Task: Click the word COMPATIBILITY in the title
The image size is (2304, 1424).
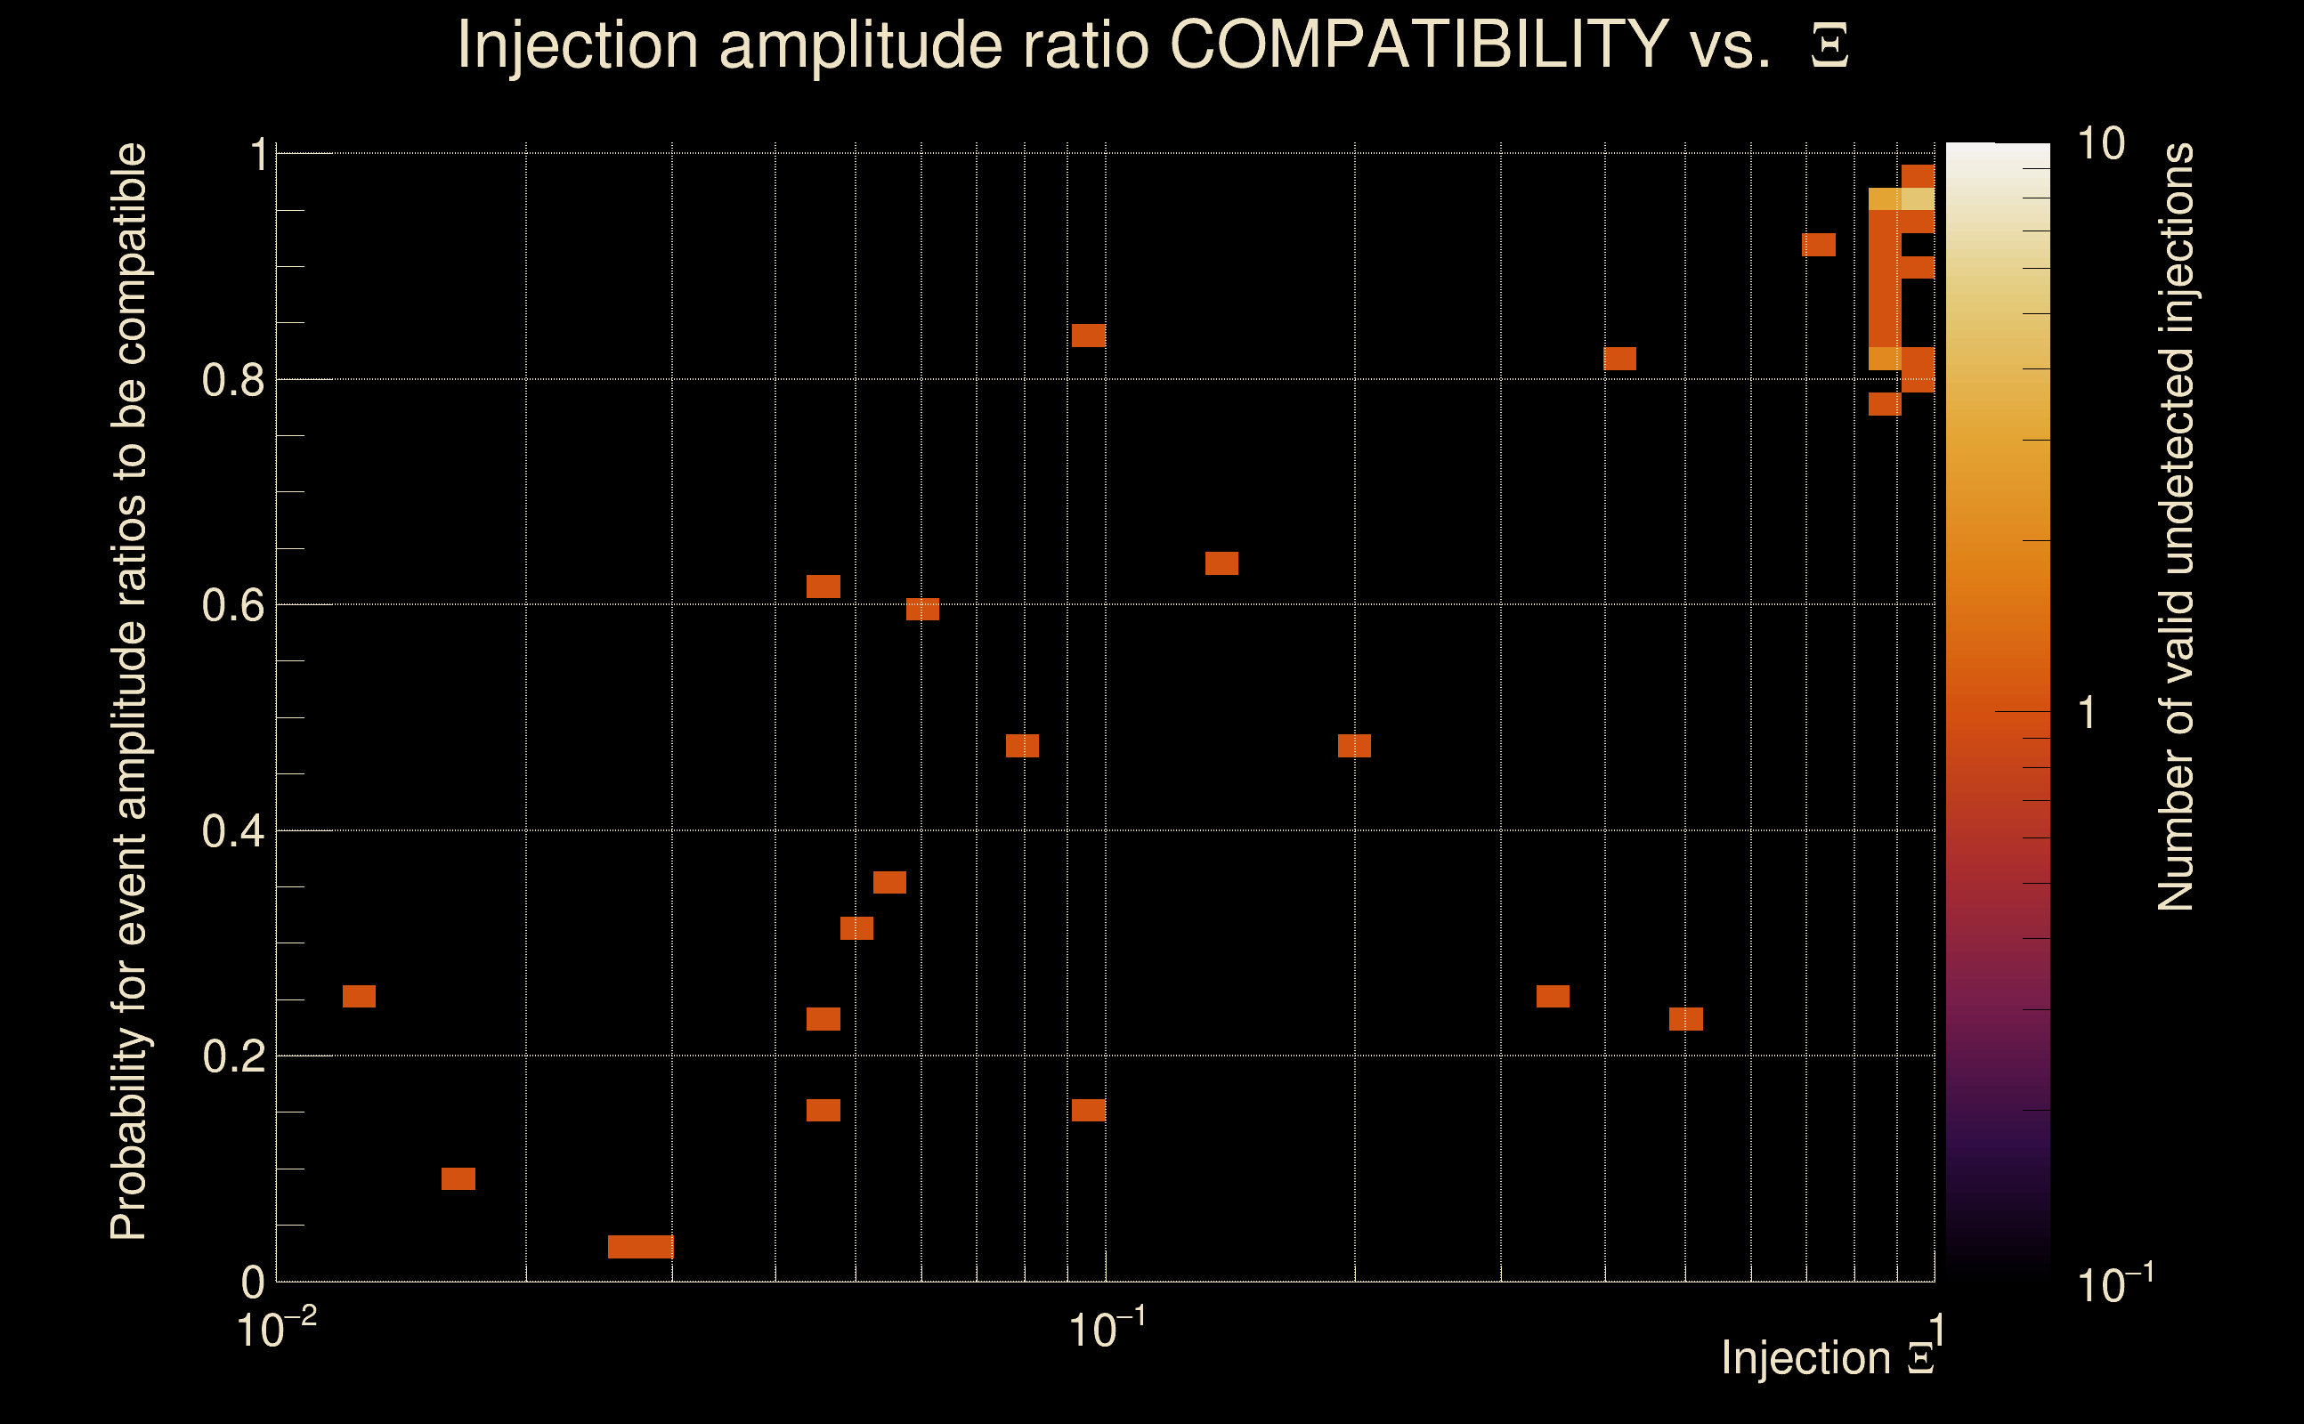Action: (1418, 44)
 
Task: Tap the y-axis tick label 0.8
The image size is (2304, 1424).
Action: (232, 381)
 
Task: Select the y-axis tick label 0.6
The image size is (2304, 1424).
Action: (232, 605)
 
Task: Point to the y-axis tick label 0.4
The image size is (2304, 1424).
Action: (232, 831)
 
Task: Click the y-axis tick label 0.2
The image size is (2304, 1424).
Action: (232, 1056)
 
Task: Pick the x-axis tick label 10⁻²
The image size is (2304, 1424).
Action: (276, 1330)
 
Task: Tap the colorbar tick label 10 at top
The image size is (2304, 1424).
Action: (2100, 145)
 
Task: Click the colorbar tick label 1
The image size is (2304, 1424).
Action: (2088, 713)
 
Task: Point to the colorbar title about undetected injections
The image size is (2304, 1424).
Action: (2175, 528)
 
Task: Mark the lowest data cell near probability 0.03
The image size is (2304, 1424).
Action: (640, 1247)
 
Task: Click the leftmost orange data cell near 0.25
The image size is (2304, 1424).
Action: (359, 997)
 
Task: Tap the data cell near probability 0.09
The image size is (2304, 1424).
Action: (458, 1179)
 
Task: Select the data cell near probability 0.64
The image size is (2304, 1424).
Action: (1221, 563)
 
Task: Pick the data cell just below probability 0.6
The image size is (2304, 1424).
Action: (922, 610)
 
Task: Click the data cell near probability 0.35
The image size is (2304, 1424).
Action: (889, 883)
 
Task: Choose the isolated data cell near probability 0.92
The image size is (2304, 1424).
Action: (1819, 245)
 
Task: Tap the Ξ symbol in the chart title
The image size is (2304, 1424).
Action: (1829, 46)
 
